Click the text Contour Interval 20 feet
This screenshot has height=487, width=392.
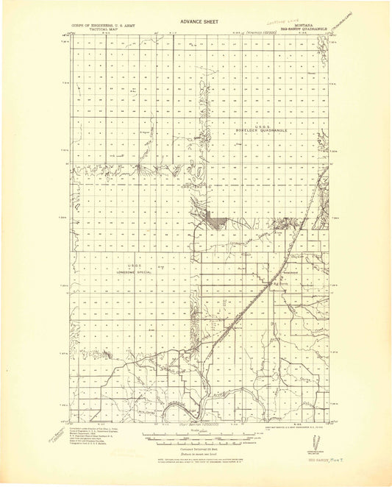196,447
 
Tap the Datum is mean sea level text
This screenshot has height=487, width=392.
196,452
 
